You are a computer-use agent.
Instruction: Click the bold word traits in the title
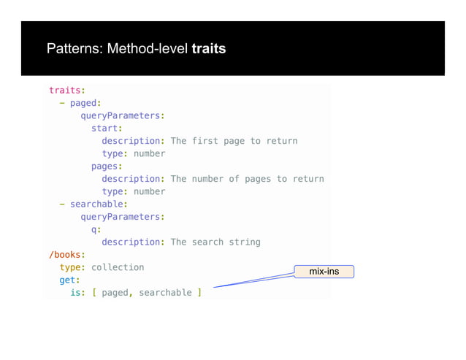(x=208, y=50)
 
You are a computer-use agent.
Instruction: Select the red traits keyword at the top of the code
(x=65, y=91)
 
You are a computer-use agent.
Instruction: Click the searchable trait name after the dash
(x=98, y=204)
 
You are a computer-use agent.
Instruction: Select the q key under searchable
(x=93, y=229)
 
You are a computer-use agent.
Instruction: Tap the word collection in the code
(x=118, y=267)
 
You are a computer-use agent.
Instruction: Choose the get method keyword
(x=67, y=280)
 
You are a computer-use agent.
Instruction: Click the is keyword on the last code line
(x=75, y=293)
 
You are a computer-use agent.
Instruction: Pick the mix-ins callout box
(x=324, y=272)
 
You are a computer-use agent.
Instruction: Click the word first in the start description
(x=205, y=141)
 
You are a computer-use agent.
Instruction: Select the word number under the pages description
(x=149, y=191)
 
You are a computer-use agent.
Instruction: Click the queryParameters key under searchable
(x=121, y=217)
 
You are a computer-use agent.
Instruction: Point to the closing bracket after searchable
(x=199, y=293)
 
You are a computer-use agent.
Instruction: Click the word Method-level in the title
(x=148, y=50)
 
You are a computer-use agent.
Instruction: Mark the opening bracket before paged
(x=94, y=293)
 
